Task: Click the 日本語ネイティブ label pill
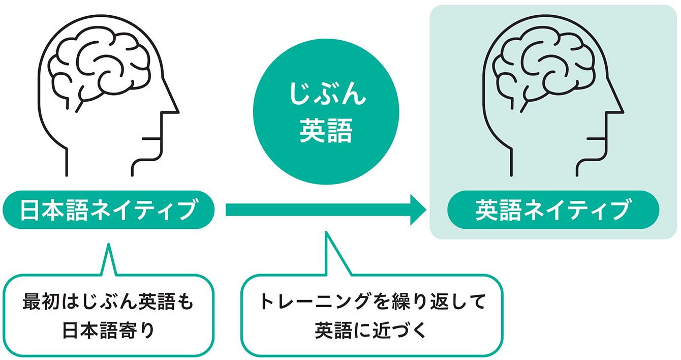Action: (x=108, y=209)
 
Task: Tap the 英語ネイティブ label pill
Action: (x=552, y=209)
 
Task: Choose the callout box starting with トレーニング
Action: (x=372, y=315)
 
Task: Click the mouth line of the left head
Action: (x=151, y=138)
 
